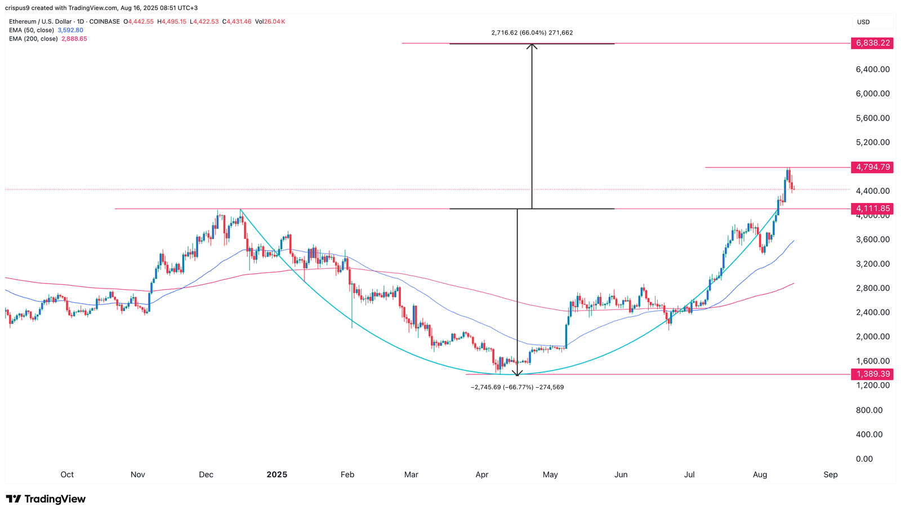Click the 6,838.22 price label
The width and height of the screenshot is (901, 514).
pos(872,43)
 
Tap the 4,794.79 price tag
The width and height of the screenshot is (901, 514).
pos(872,167)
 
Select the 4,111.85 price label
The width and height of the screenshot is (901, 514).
pos(872,209)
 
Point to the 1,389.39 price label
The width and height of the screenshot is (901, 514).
pos(872,374)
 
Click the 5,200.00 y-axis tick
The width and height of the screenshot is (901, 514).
pos(872,142)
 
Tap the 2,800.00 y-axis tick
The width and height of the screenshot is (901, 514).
pos(872,288)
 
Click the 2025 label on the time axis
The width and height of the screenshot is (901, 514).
pos(276,475)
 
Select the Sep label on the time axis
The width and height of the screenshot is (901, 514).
pos(831,475)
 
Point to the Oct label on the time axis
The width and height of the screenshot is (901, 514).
pos(67,475)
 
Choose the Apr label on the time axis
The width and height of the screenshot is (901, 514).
pos(481,475)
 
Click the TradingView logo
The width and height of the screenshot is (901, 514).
pos(46,499)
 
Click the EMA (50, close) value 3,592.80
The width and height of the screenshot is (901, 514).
pos(70,30)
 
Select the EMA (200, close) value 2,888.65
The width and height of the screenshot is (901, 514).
pos(73,39)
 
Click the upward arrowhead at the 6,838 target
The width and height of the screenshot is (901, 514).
pos(532,46)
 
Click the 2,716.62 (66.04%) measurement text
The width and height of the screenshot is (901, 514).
pos(532,33)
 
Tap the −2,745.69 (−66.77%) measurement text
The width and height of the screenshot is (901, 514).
pos(517,387)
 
